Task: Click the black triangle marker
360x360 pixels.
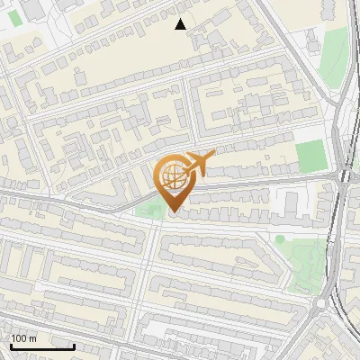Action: point(181,24)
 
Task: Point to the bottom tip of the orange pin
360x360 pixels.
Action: point(173,212)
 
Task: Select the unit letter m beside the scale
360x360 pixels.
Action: point(32,338)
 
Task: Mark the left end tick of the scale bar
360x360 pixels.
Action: point(12,346)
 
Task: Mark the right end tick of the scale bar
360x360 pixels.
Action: point(74,346)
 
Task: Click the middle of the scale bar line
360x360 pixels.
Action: point(42,346)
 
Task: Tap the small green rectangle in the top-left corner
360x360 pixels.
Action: point(15,41)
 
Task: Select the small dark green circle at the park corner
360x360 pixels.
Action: point(280,239)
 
